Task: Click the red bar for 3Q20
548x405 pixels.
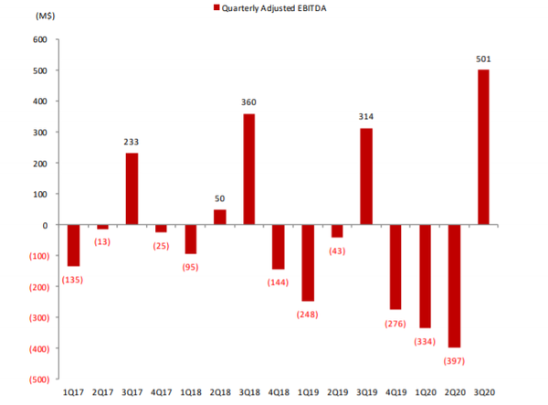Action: tap(483, 147)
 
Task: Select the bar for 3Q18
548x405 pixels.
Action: tap(248, 169)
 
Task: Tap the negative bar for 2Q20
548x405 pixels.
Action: tap(454, 286)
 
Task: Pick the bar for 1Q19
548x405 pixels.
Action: tap(308, 262)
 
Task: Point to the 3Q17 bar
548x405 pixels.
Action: tap(132, 188)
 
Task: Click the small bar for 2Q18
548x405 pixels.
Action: tap(219, 217)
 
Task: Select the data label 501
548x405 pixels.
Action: tap(483, 59)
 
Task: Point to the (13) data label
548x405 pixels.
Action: tap(102, 240)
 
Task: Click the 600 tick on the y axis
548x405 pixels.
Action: tap(38, 39)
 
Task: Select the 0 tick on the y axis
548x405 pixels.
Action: tap(43, 224)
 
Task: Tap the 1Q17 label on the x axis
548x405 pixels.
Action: tap(73, 391)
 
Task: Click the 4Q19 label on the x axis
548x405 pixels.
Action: tap(395, 391)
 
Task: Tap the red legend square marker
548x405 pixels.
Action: tap(216, 7)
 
